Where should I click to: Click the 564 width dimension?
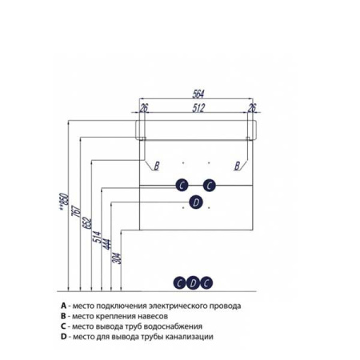tap(198, 94)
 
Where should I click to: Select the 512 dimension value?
tap(198, 108)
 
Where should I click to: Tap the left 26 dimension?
tap(143, 108)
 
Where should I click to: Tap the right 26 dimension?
tap(251, 108)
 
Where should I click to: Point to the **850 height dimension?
tap(64, 202)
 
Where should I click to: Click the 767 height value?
tap(76, 211)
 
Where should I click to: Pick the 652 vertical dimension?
tap(87, 223)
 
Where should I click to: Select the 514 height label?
tap(97, 237)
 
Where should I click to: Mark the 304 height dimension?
tap(117, 258)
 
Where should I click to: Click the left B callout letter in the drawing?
tap(157, 166)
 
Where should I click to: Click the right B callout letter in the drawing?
tap(237, 166)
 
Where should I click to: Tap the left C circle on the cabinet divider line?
tap(182, 185)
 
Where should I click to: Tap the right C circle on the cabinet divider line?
tap(210, 185)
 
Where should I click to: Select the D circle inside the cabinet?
tap(196, 202)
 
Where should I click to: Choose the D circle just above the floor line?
tap(193, 282)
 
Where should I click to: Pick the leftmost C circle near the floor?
tap(180, 283)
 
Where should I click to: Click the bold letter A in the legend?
tap(63, 306)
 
